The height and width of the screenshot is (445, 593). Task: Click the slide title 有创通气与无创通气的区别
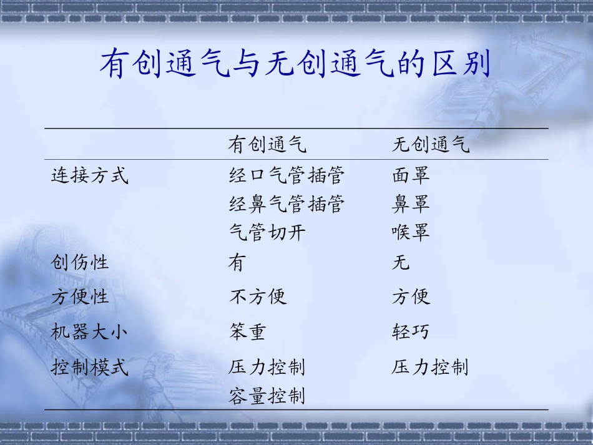[x=295, y=64]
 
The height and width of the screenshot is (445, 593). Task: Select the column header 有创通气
[x=267, y=145]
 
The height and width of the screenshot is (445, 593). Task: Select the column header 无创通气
[x=431, y=145]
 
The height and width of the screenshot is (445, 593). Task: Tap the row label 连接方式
[x=90, y=176]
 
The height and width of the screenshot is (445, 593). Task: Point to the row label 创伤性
[x=80, y=263]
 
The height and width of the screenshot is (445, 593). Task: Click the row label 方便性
[x=80, y=296]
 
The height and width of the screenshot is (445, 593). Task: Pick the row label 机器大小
[x=90, y=331]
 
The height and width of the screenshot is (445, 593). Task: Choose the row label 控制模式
[x=90, y=367]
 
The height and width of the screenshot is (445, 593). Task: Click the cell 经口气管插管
[x=287, y=176]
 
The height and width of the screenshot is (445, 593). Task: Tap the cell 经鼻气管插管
[x=287, y=204]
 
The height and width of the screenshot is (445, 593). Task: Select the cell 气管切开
[x=267, y=233]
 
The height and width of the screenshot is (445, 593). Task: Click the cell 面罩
[x=411, y=176]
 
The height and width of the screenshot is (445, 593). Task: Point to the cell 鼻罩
[x=411, y=204]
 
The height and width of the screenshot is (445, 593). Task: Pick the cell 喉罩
[x=411, y=233]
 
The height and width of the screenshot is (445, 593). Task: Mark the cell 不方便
[x=258, y=296]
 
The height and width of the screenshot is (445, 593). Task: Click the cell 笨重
[x=248, y=331]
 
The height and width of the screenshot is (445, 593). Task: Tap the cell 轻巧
[x=411, y=331]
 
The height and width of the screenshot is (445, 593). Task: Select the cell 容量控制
[x=267, y=396]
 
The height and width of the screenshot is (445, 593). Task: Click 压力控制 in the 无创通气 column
[x=431, y=367]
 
